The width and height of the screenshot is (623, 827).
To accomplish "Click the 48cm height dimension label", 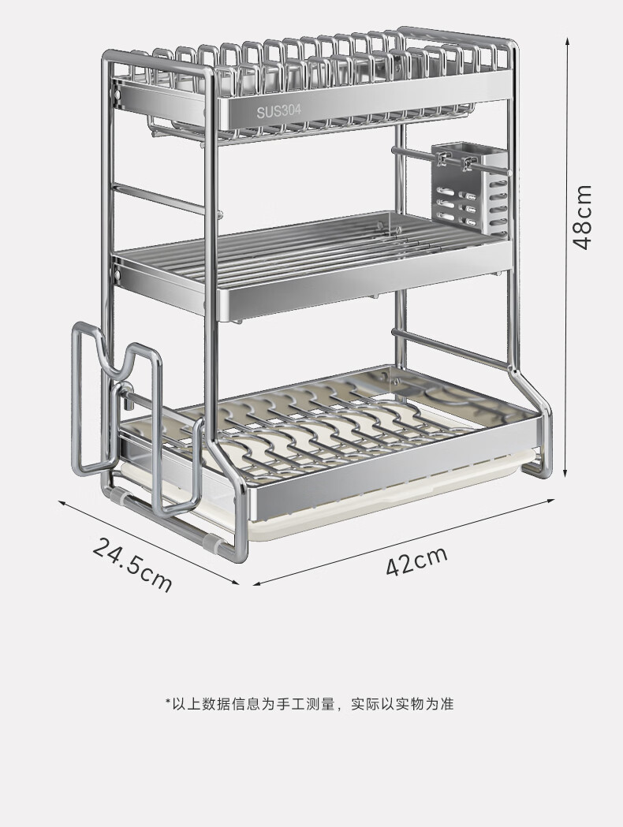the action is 584,216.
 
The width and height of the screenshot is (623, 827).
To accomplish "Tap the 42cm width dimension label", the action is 416,561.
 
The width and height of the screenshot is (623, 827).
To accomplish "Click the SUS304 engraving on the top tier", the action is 279,111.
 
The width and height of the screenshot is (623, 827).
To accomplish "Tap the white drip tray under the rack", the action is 369,506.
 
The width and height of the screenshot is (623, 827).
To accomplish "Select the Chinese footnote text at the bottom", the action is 310,703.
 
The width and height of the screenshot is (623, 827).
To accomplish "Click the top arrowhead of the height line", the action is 567,40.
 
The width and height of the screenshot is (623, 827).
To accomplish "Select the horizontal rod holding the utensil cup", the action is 451,161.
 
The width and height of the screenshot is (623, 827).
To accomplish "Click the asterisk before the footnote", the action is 168,701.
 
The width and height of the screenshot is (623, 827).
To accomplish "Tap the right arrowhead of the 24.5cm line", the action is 235,583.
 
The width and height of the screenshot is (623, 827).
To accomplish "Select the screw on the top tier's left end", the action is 118,95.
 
